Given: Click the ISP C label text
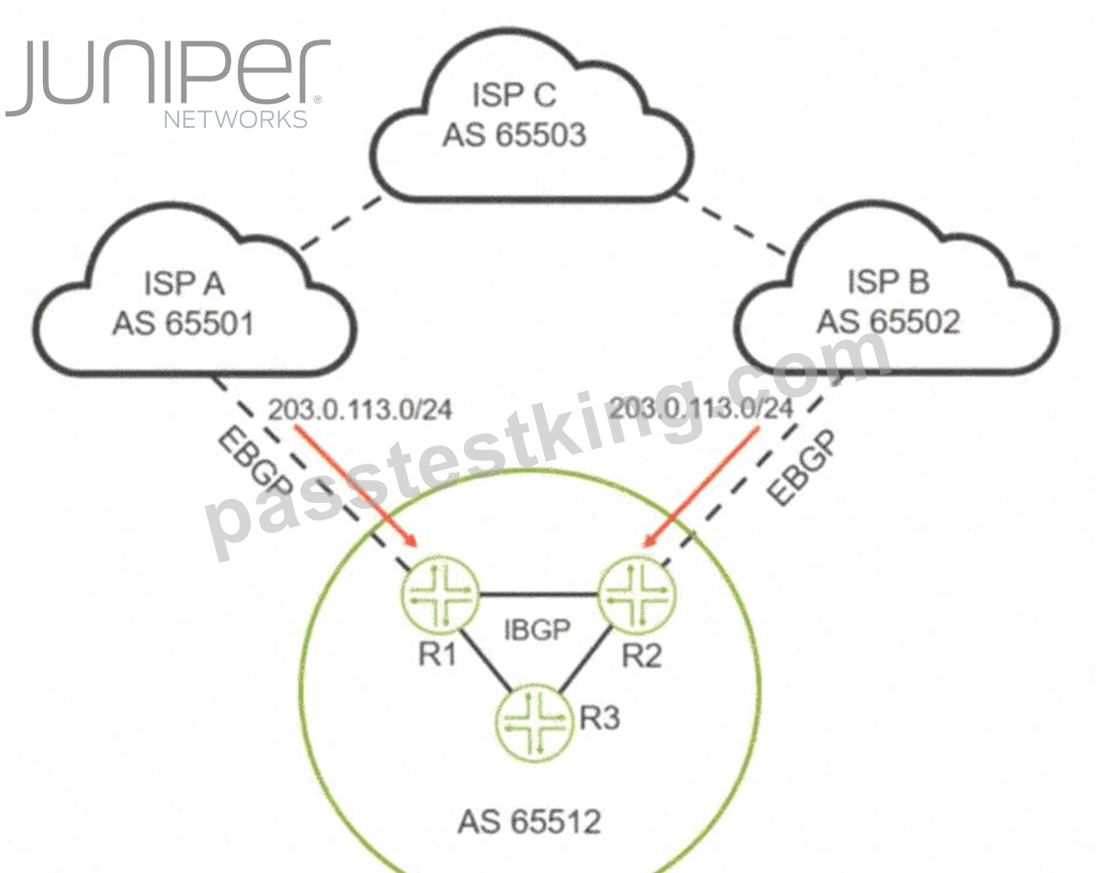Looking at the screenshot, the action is pyautogui.click(x=514, y=95).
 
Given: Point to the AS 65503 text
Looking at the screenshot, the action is pyautogui.click(x=514, y=135).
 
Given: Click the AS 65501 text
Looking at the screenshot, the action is pyautogui.click(x=183, y=324).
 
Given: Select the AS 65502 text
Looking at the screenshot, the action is pyautogui.click(x=888, y=322).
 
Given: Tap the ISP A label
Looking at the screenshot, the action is pyautogui.click(x=184, y=283).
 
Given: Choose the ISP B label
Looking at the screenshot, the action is pyautogui.click(x=888, y=281).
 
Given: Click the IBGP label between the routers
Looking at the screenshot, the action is pyautogui.click(x=537, y=630).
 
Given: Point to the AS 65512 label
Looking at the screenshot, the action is pyautogui.click(x=530, y=822).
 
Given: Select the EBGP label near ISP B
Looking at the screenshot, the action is pyautogui.click(x=801, y=468).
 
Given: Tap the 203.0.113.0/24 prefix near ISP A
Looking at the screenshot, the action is pyautogui.click(x=360, y=410).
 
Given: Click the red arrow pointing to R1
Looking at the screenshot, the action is pyautogui.click(x=356, y=485).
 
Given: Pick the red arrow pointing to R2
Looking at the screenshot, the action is pyautogui.click(x=701, y=487).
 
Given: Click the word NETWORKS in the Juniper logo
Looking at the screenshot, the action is pyautogui.click(x=235, y=119).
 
